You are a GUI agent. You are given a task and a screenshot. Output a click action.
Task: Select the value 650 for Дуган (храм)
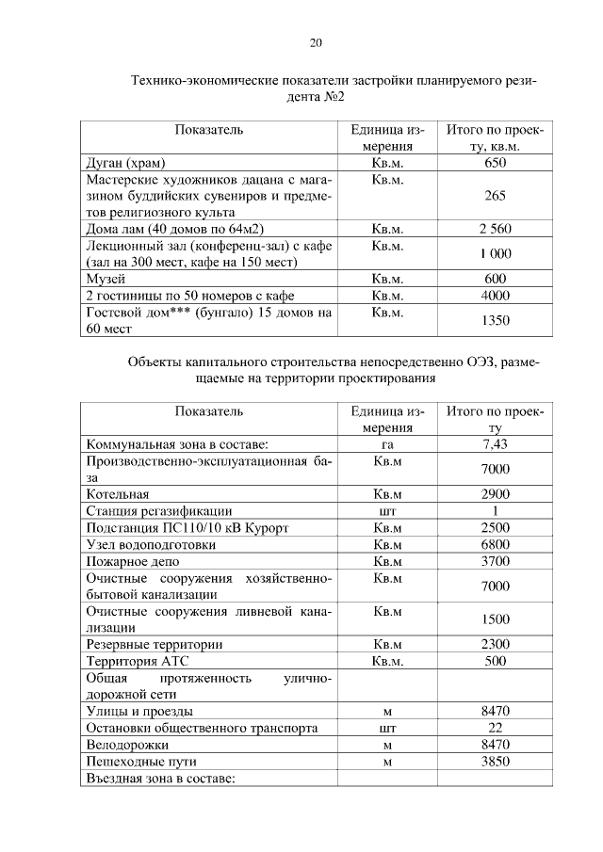pyautogui.click(x=495, y=163)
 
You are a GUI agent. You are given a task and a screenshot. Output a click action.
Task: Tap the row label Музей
pyautogui.click(x=106, y=278)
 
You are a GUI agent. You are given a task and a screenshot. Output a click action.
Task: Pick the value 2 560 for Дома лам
pyautogui.click(x=495, y=229)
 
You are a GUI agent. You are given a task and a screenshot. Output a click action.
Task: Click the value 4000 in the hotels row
pyautogui.click(x=495, y=295)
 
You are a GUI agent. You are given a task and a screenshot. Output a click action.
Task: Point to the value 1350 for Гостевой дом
pyautogui.click(x=495, y=320)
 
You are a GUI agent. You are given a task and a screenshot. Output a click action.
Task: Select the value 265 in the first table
pyautogui.click(x=495, y=196)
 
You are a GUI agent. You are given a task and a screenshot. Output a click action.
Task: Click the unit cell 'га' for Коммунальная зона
pyautogui.click(x=387, y=444)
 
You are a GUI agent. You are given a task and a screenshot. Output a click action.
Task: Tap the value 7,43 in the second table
pyautogui.click(x=495, y=444)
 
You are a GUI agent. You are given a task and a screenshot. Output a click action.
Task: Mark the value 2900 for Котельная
pyautogui.click(x=495, y=494)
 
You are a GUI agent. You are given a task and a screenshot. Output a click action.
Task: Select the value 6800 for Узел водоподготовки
pyautogui.click(x=495, y=544)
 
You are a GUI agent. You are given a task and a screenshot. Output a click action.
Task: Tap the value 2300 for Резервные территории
pyautogui.click(x=495, y=644)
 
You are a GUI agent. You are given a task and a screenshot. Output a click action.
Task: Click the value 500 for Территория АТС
pyautogui.click(x=495, y=661)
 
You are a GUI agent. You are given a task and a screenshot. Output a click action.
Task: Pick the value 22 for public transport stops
pyautogui.click(x=495, y=728)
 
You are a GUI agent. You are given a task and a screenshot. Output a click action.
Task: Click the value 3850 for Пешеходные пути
pyautogui.click(x=495, y=761)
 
